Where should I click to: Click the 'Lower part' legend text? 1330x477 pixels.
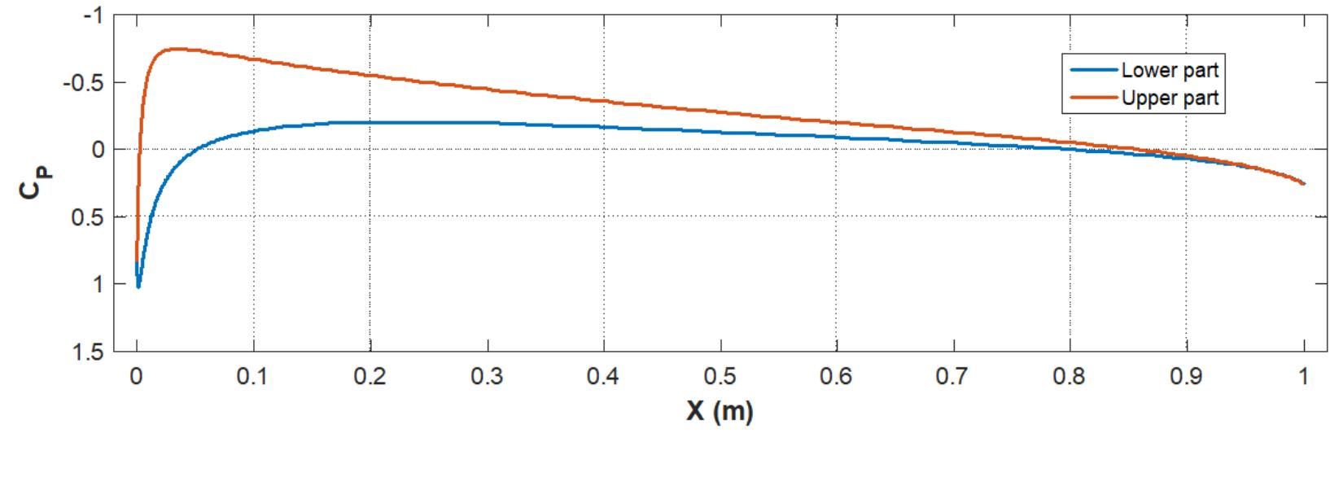1169,70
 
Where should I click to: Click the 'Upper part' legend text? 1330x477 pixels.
1169,98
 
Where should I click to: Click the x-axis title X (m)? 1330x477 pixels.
720,411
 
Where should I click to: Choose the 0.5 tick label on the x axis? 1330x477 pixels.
720,377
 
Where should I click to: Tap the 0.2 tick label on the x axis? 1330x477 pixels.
370,377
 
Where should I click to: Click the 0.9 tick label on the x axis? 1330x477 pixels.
1187,377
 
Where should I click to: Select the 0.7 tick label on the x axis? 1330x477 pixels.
953,377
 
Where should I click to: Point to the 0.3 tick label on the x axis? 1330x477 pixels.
487,377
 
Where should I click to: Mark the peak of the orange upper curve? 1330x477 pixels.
177,49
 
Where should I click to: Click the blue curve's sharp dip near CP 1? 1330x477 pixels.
138,286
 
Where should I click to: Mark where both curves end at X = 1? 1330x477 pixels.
1303,183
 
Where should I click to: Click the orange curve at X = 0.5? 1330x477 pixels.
720,112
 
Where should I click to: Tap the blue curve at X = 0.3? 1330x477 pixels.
487,123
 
